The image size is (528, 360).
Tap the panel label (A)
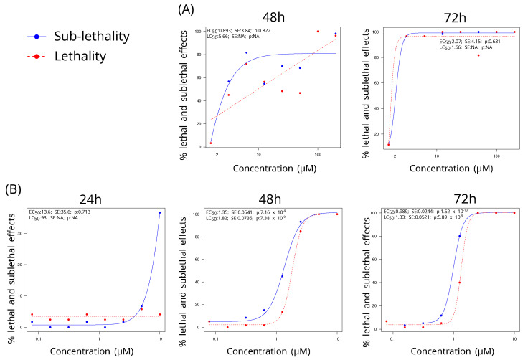tap(186, 9)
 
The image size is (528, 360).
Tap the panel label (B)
tap(14, 190)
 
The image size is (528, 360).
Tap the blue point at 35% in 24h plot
tap(159, 213)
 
